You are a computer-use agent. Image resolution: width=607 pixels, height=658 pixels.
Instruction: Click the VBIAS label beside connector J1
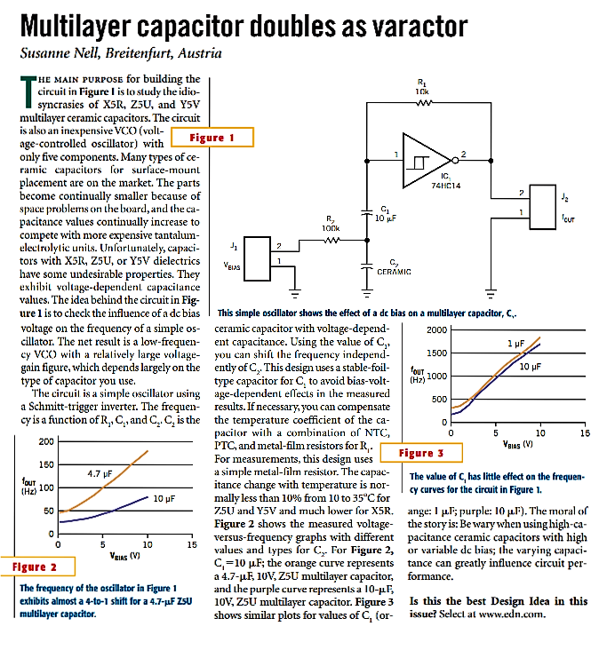click(x=234, y=264)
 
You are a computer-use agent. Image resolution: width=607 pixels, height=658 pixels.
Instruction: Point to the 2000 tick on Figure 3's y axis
click(x=436, y=330)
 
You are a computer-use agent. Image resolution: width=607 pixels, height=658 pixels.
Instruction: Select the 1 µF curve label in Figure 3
click(x=515, y=343)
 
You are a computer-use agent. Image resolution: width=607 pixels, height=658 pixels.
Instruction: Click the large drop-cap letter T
click(x=27, y=91)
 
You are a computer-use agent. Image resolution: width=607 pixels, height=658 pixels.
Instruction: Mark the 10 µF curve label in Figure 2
click(x=163, y=500)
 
